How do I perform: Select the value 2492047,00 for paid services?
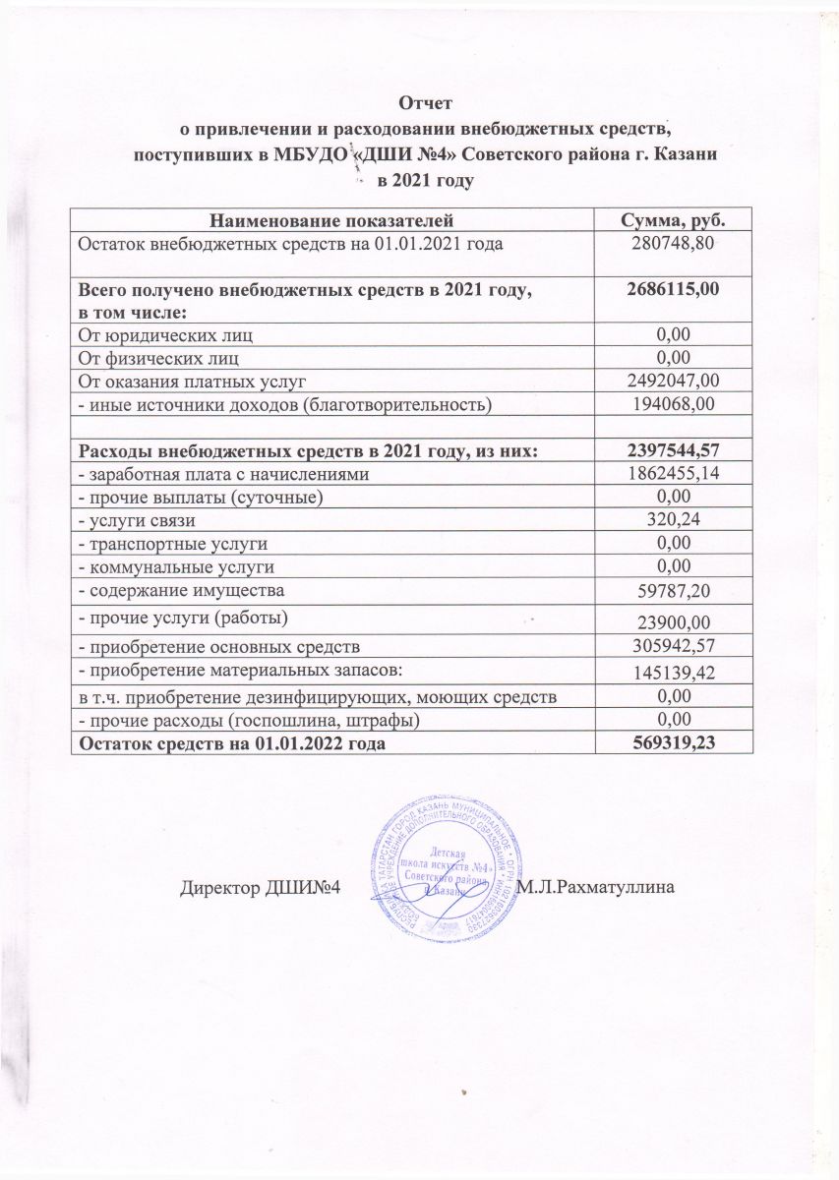670,380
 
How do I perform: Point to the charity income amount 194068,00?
670,403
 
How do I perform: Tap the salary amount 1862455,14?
670,474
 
